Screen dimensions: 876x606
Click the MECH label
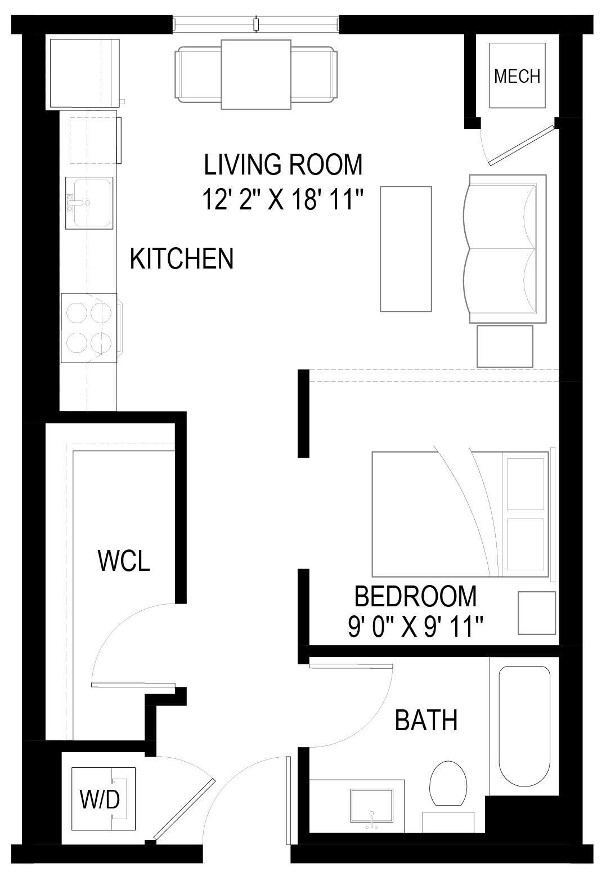(x=517, y=76)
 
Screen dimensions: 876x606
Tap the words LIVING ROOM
(x=283, y=164)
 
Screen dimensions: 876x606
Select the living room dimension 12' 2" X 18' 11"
(x=283, y=199)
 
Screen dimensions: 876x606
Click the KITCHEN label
(x=181, y=258)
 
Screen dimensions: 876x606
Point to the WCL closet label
(x=124, y=561)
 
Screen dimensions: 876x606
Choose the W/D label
(x=100, y=799)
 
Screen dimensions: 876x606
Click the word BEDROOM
(x=415, y=596)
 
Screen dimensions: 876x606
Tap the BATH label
(x=426, y=720)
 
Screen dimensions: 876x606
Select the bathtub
(x=524, y=726)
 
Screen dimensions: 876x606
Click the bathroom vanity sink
(x=371, y=807)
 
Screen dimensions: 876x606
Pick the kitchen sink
(x=89, y=203)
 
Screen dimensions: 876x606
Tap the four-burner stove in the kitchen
(x=89, y=328)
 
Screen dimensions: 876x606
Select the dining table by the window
(x=256, y=74)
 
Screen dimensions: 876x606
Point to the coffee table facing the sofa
(x=406, y=248)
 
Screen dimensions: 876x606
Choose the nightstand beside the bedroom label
(x=536, y=613)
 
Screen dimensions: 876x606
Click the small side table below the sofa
(x=505, y=346)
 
